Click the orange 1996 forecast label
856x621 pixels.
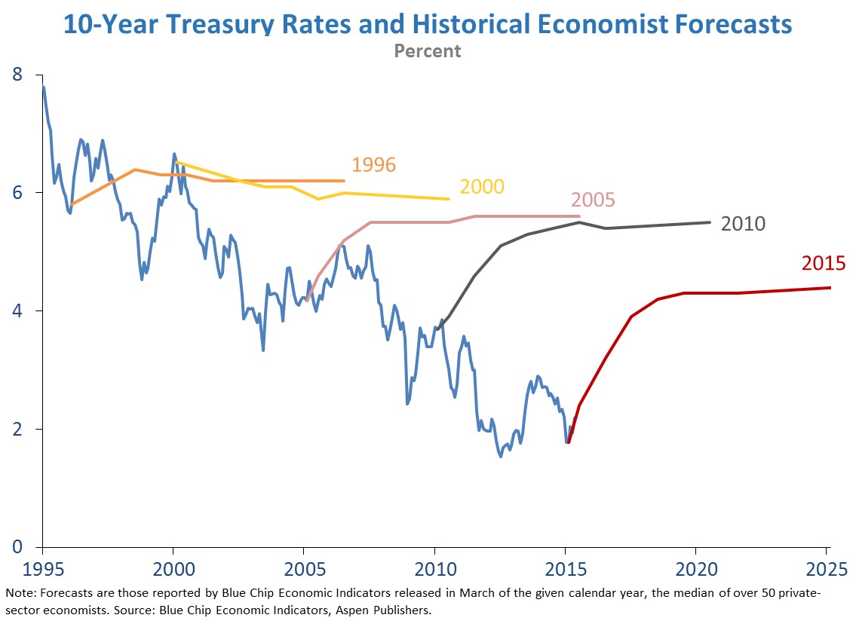click(373, 165)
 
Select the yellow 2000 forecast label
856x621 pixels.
click(481, 187)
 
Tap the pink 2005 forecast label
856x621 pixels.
click(593, 200)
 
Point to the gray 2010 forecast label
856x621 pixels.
click(743, 224)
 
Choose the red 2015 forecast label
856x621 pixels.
click(823, 264)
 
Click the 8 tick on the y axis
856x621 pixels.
click(17, 75)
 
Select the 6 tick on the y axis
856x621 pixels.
click(17, 193)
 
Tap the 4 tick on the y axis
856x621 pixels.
click(17, 310)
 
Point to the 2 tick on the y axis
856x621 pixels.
click(17, 429)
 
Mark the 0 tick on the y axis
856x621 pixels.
click(17, 547)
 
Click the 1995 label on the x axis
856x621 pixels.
click(43, 566)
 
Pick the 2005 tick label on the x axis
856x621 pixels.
click(304, 566)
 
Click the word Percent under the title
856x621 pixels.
click(428, 51)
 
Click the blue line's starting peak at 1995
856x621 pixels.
click(43, 87)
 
